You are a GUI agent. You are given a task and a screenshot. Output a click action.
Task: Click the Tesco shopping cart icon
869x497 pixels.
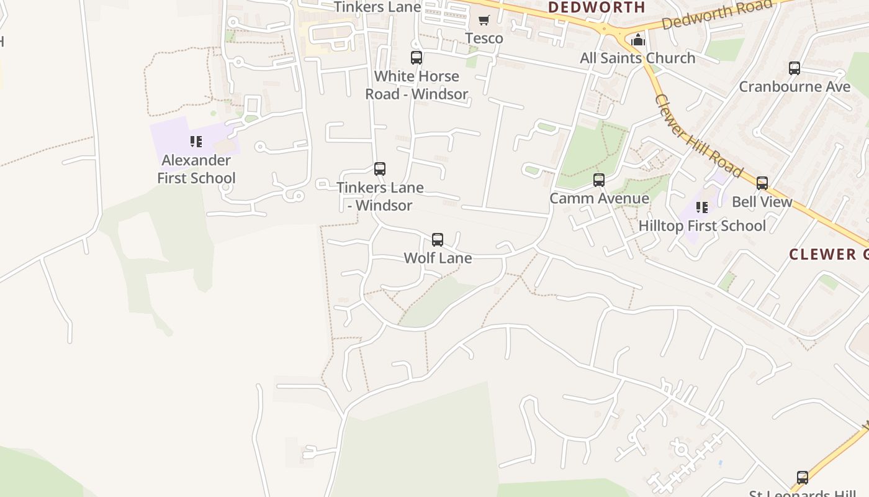tap(484, 20)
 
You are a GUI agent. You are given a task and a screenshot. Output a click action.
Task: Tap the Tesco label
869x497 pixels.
tap(484, 39)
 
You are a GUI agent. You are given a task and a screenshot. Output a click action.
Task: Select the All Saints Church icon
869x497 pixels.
tap(637, 40)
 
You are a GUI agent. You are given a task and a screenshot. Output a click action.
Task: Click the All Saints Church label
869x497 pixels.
tap(637, 58)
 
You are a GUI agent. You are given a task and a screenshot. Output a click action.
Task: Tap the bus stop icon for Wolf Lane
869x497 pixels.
tap(438, 240)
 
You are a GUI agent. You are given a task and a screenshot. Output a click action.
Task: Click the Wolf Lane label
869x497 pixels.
tap(438, 258)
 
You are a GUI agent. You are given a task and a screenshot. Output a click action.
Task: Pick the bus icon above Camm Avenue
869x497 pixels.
tap(599, 180)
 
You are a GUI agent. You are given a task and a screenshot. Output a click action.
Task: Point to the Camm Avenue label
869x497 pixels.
tap(599, 199)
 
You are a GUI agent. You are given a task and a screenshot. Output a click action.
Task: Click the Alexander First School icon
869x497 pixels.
tap(196, 142)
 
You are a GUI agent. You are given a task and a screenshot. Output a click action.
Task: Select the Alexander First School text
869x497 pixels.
tap(196, 169)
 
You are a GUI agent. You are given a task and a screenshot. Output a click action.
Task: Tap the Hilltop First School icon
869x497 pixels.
tap(702, 207)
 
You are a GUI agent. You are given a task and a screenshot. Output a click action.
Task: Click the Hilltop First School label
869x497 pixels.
tap(702, 226)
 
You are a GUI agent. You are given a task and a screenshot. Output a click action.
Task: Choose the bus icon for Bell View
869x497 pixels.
tap(762, 183)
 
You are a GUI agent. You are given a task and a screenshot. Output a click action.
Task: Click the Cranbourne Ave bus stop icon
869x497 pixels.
tap(795, 68)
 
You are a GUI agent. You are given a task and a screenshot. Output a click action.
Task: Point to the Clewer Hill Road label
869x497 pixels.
tap(698, 135)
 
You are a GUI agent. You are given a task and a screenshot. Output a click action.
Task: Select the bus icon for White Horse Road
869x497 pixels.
tap(416, 58)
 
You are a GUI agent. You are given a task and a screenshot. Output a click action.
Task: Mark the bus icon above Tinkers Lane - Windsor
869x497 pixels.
tap(380, 169)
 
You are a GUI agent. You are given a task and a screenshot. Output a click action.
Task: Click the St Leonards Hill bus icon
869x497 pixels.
tap(803, 478)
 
